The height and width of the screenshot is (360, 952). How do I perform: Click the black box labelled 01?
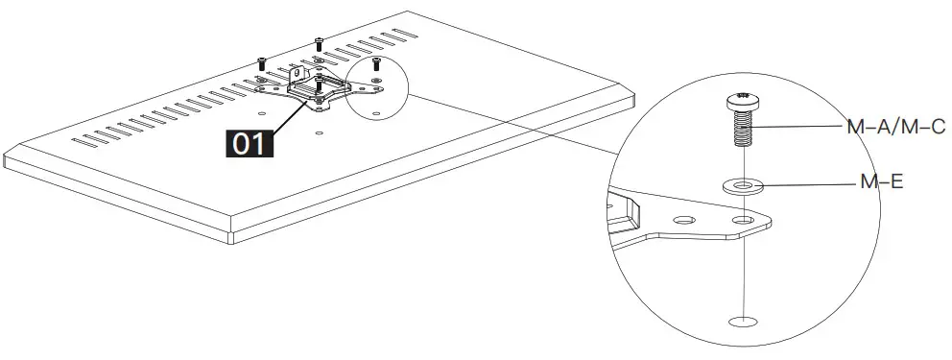pyautogui.click(x=249, y=144)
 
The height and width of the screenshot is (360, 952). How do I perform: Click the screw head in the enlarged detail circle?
pyautogui.click(x=741, y=98)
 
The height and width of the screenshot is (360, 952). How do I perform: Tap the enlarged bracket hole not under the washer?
pyautogui.click(x=683, y=221)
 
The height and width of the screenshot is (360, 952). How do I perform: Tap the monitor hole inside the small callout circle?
pyautogui.click(x=375, y=113)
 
